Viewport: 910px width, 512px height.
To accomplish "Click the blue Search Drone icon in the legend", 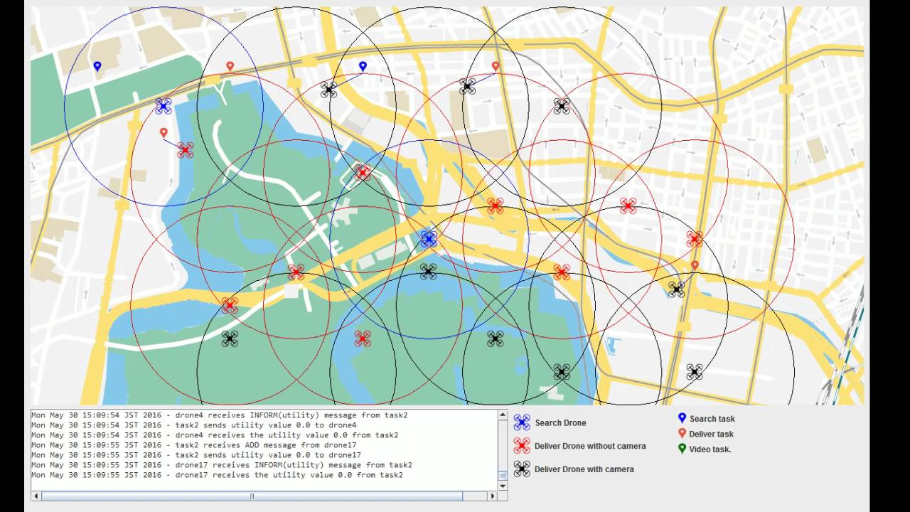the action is point(522,422).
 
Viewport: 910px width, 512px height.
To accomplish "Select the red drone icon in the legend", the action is point(522,446).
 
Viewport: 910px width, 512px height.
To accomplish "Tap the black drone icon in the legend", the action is point(522,469).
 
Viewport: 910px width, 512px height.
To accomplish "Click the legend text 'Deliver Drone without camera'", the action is point(590,446).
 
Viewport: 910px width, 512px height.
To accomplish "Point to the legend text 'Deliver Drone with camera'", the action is point(584,469).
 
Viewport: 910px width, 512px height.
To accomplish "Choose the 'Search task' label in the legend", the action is point(712,419).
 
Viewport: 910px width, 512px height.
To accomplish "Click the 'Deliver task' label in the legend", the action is point(711,434).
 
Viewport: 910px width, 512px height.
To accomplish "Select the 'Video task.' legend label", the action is point(710,449).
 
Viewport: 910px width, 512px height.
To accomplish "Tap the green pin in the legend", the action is point(682,449).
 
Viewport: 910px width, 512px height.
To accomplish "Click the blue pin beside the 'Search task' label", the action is point(682,418).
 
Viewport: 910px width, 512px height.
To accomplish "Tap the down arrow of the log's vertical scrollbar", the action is point(503,486).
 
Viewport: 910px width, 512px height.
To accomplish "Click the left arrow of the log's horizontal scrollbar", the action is point(36,496).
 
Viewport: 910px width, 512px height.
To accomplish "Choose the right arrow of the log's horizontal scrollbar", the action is point(492,496).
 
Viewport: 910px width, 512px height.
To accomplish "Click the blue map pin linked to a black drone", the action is point(363,66).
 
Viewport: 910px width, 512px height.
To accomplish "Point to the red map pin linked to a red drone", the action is point(164,132).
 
